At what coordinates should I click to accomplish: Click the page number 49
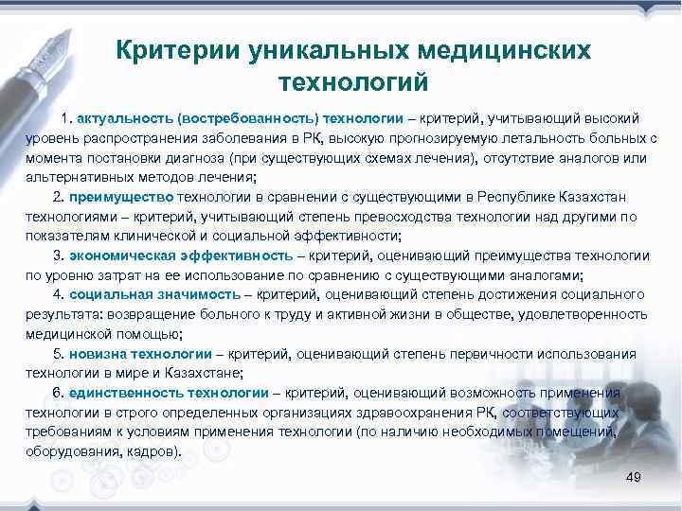coord(634,477)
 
